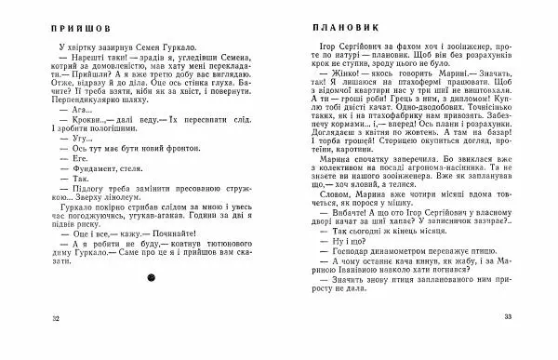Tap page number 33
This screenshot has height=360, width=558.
pyautogui.click(x=509, y=318)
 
